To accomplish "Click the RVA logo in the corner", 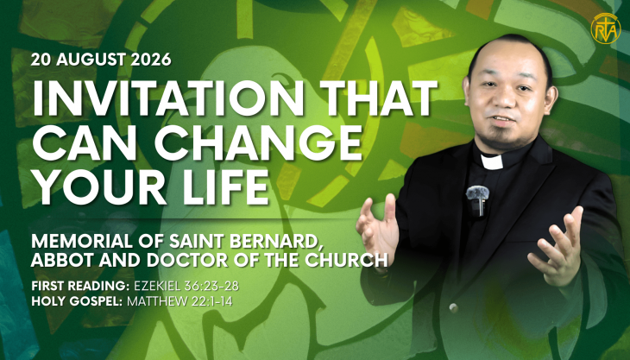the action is (606, 28).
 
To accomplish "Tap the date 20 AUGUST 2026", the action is (101, 60).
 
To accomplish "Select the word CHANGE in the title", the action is (258, 143).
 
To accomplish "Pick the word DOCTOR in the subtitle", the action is (182, 260).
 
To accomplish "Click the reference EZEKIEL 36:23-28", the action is (186, 286).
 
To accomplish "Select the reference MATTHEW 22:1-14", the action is (180, 301).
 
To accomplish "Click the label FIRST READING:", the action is (80, 286).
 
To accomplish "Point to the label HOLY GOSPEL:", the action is (77, 301).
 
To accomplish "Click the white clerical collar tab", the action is (492, 161).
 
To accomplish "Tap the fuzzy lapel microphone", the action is (477, 193).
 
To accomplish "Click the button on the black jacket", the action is (454, 308).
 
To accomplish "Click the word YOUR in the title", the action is (99, 186).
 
